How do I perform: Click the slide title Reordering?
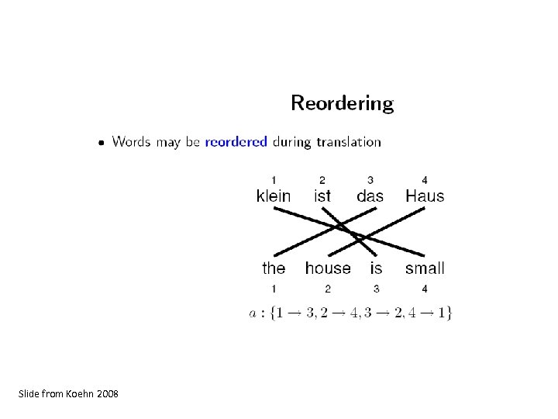point(342,103)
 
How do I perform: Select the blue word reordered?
point(236,142)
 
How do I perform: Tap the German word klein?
point(274,196)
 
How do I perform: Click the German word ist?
point(322,196)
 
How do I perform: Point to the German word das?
point(370,196)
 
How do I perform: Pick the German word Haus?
point(425,196)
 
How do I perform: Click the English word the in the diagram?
point(274,268)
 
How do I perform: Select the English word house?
point(328,268)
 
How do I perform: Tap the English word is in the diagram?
point(376,268)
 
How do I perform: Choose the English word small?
point(425,268)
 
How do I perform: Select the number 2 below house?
point(328,289)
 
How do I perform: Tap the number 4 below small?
point(424,289)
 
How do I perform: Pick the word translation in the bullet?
point(349,142)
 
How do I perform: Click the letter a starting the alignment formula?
point(253,313)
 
